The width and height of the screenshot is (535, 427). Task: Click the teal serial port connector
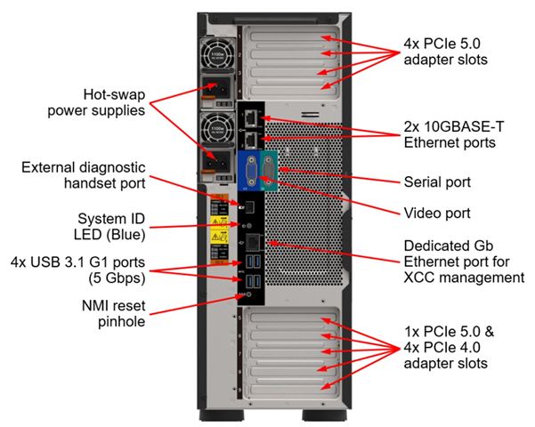272,170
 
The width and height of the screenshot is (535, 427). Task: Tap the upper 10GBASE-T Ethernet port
252,118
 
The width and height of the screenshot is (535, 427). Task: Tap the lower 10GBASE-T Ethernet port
252,138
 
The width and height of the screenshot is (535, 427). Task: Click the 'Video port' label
435,213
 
